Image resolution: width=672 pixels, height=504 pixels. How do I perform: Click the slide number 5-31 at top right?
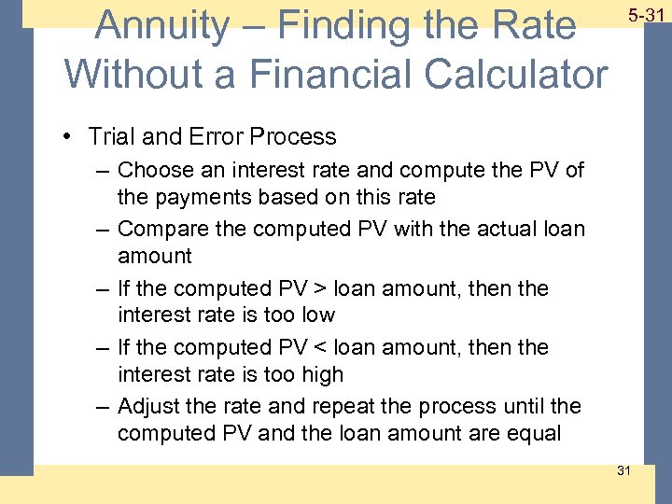coord(646,16)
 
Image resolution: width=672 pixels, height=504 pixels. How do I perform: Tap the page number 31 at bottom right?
coord(623,469)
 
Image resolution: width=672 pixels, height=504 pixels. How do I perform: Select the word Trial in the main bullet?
coord(110,136)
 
